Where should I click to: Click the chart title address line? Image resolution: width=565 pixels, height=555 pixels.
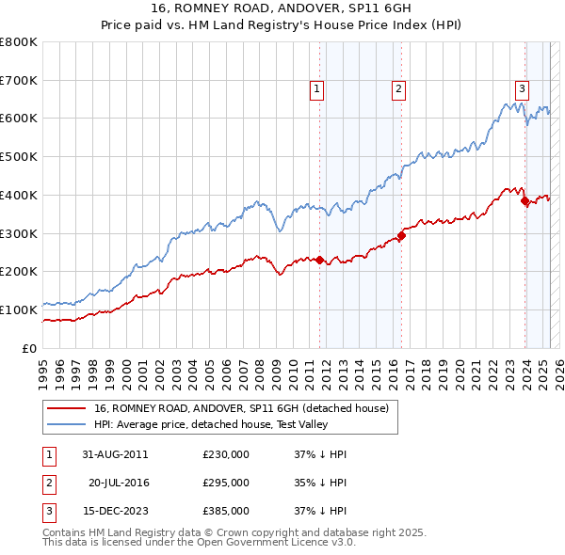[282, 8]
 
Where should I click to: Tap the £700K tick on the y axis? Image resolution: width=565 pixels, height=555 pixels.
[20, 80]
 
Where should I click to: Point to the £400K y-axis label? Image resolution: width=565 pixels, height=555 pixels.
[20, 195]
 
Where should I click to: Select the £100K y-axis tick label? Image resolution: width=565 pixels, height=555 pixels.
[20, 309]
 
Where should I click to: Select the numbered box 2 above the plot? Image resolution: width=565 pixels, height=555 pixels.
[399, 89]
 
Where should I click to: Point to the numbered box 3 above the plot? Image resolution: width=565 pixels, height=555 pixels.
[521, 89]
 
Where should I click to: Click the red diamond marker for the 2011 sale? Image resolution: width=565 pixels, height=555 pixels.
[319, 260]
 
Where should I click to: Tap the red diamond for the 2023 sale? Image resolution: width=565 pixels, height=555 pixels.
[525, 199]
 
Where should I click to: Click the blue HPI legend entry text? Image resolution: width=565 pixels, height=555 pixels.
[245, 424]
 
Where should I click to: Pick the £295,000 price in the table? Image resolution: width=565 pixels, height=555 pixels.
[226, 483]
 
